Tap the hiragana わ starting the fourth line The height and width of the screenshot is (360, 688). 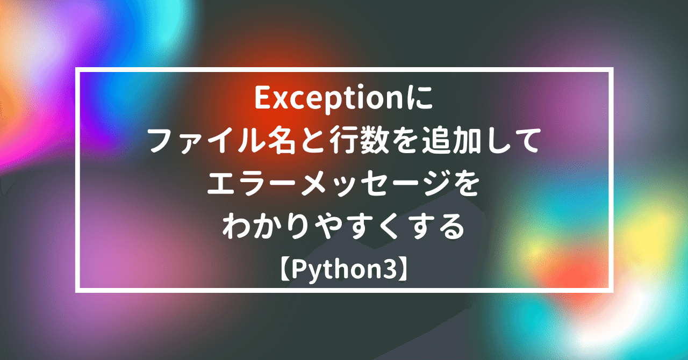pos(236,229)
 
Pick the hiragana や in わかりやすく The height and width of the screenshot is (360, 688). pos(328,229)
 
